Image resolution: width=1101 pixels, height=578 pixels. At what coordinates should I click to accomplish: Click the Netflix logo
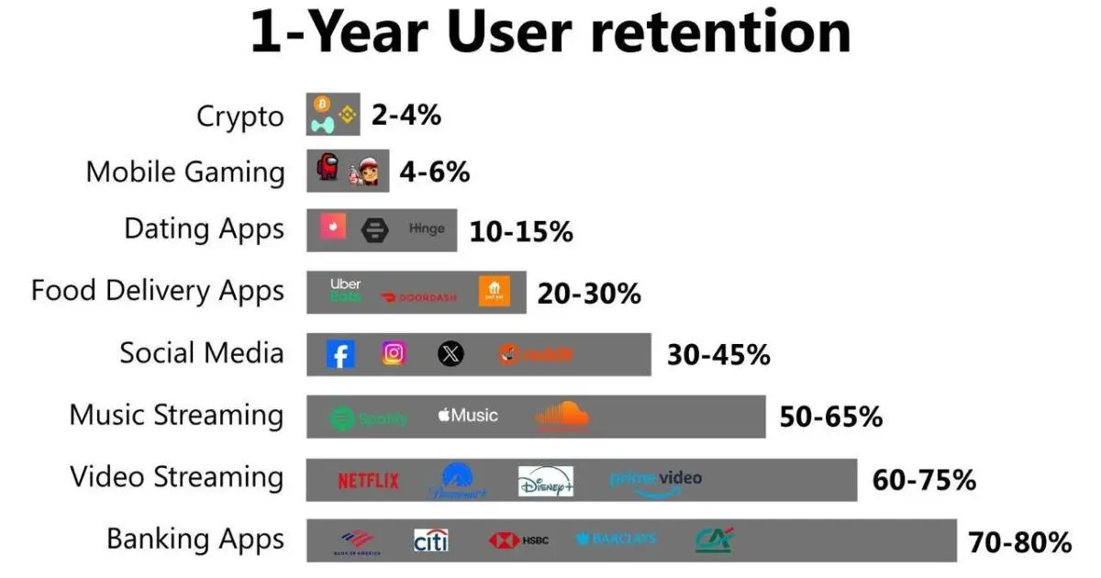tap(368, 480)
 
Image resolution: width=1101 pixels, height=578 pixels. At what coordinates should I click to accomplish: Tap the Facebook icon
tap(340, 354)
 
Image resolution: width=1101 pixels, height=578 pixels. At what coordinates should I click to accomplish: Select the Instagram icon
tap(395, 353)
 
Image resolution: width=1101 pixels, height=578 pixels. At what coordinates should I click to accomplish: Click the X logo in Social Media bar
tap(450, 354)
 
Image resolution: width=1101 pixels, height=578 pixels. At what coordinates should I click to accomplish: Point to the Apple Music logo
tap(468, 416)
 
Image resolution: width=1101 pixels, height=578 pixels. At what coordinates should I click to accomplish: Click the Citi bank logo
tap(430, 540)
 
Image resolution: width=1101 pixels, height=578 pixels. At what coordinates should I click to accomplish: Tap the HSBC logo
tap(519, 540)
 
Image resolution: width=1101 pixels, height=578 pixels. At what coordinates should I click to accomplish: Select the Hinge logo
tap(427, 229)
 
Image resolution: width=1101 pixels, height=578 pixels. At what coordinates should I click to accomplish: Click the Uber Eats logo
tap(346, 290)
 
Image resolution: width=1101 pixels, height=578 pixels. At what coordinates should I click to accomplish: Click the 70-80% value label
tap(1019, 542)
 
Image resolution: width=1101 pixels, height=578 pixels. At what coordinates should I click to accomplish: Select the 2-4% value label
tap(406, 115)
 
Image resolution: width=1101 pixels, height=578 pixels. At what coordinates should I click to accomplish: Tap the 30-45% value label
tap(718, 355)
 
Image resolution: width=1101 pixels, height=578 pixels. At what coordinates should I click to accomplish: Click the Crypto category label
tap(240, 117)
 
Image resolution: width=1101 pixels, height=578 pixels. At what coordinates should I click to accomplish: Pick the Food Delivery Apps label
tap(158, 291)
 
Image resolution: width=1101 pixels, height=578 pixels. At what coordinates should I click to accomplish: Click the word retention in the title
tap(719, 34)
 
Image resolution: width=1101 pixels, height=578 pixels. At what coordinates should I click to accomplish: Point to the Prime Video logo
tap(655, 481)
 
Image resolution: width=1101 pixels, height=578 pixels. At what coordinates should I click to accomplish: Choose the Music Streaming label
tap(176, 415)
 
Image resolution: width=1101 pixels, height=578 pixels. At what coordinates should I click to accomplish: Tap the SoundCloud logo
tap(562, 417)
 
